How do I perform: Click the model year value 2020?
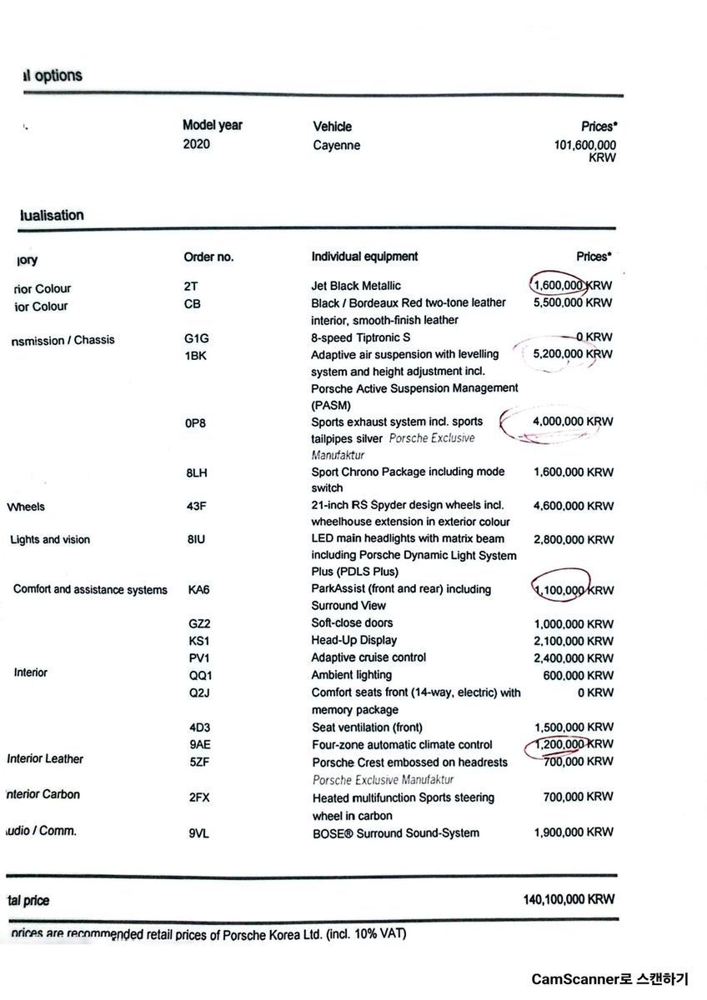tap(197, 144)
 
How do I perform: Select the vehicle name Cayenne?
tap(337, 145)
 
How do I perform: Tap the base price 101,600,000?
tap(579, 145)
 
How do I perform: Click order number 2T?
tap(191, 286)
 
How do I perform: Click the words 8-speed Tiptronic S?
tap(361, 337)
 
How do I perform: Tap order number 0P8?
tap(196, 423)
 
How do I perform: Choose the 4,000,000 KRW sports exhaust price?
tap(573, 422)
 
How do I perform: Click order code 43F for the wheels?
tap(198, 506)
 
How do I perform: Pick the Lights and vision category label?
tap(50, 540)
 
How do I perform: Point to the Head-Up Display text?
tap(354, 640)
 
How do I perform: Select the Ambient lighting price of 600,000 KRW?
tap(578, 676)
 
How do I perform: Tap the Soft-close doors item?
tap(353, 622)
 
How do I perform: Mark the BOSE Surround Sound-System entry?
tap(396, 833)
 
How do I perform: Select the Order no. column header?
tap(208, 257)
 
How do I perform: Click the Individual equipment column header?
tap(364, 257)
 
